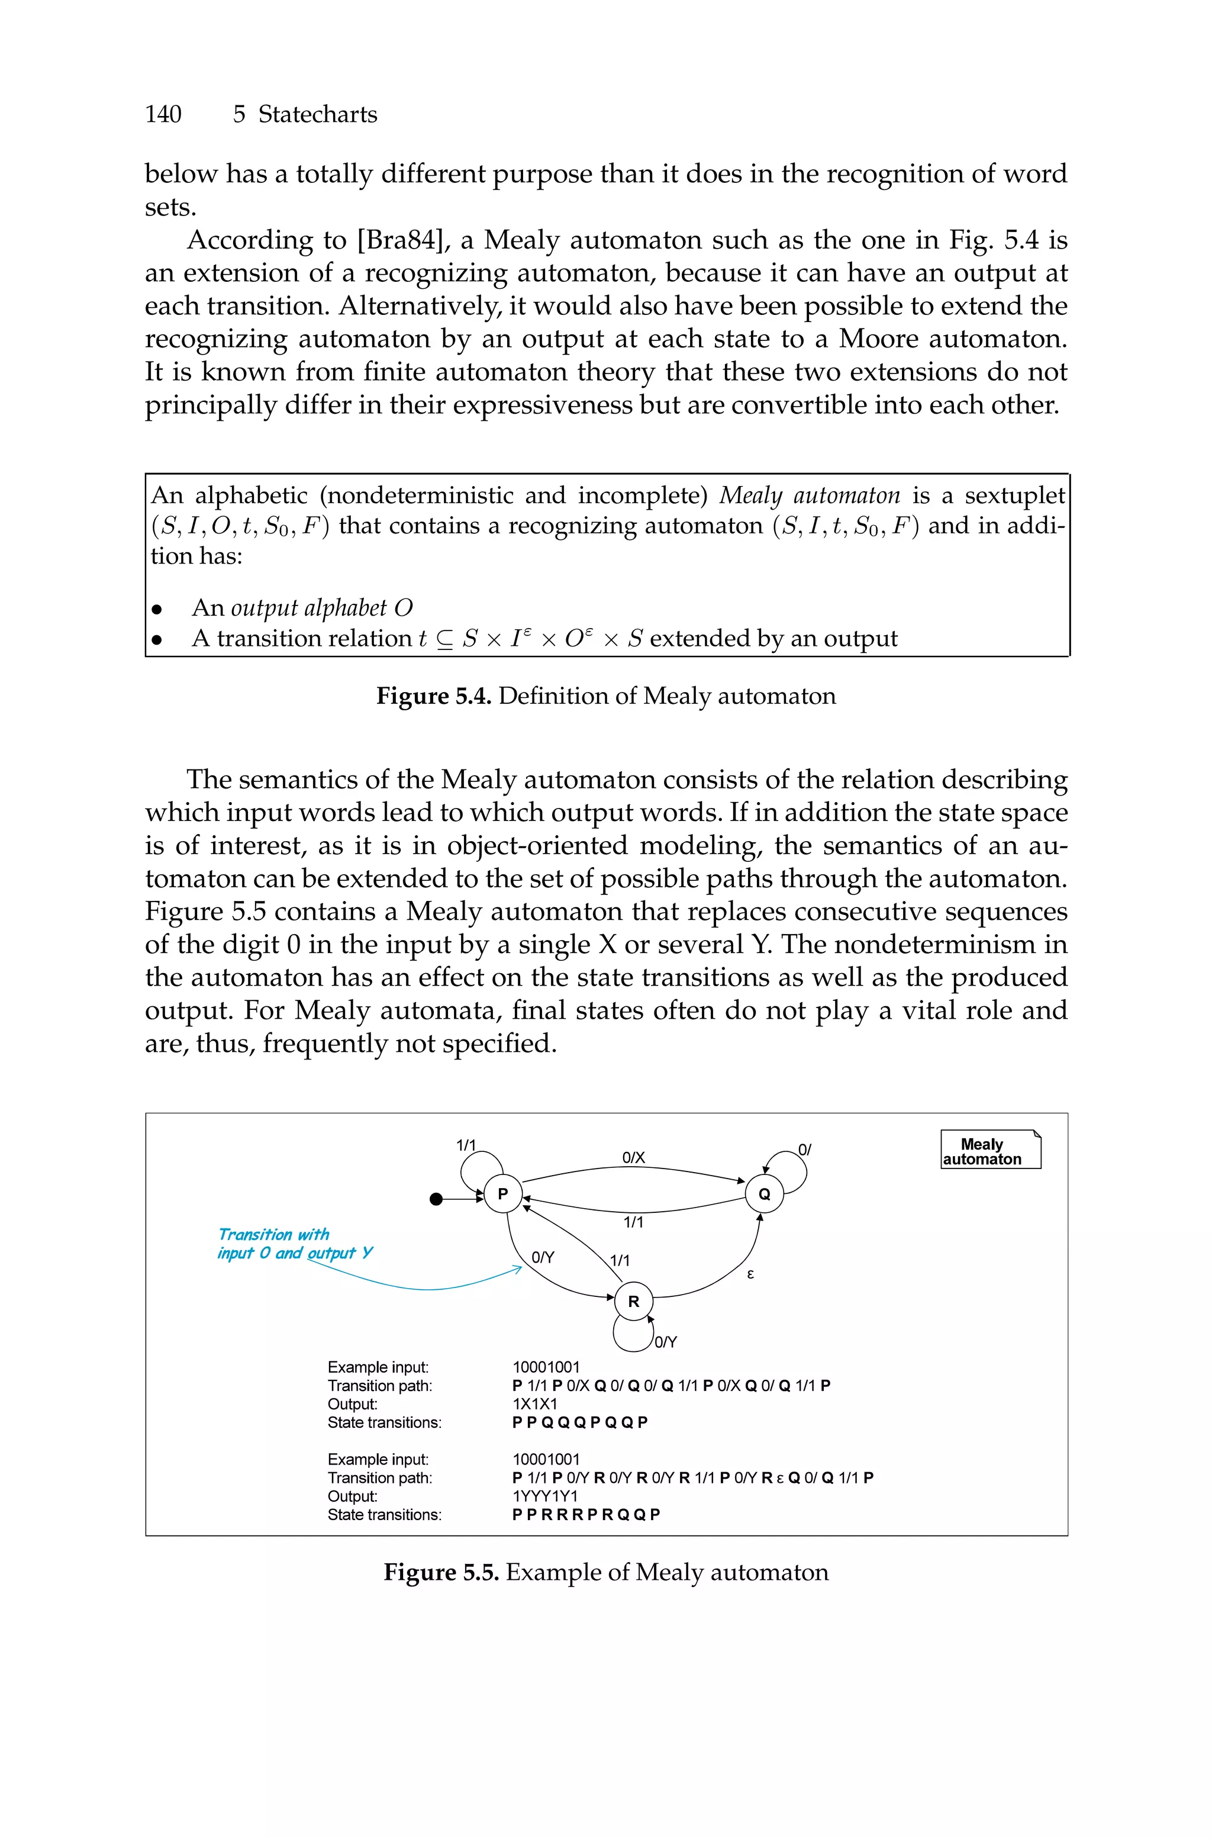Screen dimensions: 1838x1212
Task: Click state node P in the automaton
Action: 502,1194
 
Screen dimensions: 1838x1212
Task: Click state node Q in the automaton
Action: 763,1194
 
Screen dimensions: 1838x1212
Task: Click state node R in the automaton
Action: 633,1302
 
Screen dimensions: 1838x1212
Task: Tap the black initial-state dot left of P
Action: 437,1199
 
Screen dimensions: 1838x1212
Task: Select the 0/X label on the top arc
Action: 633,1157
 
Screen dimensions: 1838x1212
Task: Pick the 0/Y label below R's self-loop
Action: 666,1343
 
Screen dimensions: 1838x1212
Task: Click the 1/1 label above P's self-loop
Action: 466,1145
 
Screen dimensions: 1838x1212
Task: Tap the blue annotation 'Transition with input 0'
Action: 294,1244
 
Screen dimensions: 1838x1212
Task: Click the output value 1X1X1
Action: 535,1404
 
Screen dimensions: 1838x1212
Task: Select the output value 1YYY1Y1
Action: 545,1496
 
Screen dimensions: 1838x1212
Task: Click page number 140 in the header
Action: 163,114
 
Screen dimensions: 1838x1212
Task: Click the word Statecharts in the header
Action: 317,114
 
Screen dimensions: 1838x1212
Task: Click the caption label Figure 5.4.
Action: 434,696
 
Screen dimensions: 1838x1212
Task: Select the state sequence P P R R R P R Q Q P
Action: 586,1514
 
